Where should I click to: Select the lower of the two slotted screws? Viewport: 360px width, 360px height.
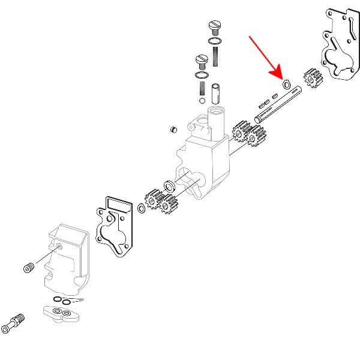tap(202, 60)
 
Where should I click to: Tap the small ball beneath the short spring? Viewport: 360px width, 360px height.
tap(200, 100)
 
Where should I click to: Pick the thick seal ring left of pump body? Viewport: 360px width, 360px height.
tap(170, 185)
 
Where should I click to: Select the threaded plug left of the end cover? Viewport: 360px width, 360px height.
tap(28, 268)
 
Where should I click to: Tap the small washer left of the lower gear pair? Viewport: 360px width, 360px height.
tap(141, 208)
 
